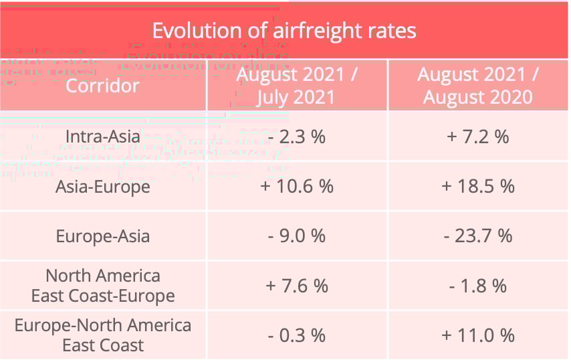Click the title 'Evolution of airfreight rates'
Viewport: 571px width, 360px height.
[284, 31]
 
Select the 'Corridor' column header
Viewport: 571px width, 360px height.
[102, 86]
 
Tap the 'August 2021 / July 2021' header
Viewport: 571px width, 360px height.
[296, 86]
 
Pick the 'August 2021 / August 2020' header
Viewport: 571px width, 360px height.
[478, 86]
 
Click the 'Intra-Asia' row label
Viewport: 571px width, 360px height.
[102, 137]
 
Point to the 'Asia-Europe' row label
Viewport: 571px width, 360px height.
[102, 186]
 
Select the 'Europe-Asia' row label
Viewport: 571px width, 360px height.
[102, 236]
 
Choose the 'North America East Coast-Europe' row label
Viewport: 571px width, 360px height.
[102, 286]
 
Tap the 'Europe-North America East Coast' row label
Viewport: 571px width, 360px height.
[102, 335]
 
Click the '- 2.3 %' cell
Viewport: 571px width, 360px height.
[296, 137]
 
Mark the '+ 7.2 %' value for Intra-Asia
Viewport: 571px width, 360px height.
[478, 137]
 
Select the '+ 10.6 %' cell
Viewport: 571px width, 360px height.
[296, 186]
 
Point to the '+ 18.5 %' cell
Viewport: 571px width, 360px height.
[478, 186]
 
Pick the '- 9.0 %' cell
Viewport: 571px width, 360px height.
[296, 236]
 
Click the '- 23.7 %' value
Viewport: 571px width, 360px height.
[478, 236]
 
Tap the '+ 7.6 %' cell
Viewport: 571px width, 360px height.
[296, 286]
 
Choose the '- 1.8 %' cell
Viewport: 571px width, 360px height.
[478, 286]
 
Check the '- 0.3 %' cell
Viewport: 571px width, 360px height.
[296, 335]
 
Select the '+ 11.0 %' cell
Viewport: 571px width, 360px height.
[478, 335]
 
